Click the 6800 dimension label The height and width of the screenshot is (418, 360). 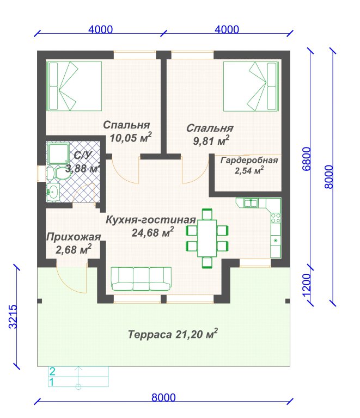click(307, 158)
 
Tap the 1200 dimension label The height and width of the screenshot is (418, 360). click(307, 285)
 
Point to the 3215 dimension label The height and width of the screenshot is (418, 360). click(13, 316)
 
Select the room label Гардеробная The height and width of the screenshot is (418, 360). click(249, 160)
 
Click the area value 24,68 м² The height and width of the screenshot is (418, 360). click(152, 232)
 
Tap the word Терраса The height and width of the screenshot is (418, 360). click(150, 334)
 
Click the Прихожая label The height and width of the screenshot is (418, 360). click(74, 237)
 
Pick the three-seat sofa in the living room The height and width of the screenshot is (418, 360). click(142, 279)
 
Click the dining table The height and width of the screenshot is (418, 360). click(207, 238)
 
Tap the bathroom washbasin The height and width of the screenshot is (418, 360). click(53, 192)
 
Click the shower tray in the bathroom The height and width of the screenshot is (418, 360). click(58, 153)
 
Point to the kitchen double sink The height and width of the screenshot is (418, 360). click(251, 203)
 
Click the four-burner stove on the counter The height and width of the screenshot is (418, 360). click(276, 218)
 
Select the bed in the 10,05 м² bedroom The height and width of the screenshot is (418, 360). click(74, 86)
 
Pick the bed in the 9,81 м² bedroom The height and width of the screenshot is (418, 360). click(251, 87)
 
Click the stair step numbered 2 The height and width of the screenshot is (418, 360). click(78, 371)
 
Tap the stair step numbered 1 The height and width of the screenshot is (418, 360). click(78, 382)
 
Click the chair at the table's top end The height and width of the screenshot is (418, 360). click(207, 214)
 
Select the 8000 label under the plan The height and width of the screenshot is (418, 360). click(163, 397)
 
